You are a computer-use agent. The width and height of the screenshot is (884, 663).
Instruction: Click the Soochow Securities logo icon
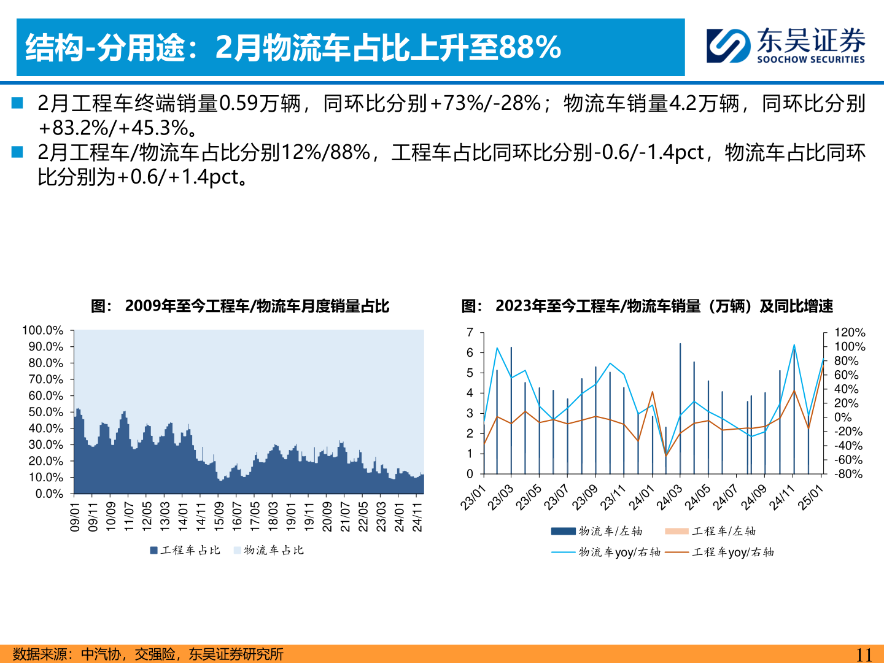pyautogui.click(x=728, y=45)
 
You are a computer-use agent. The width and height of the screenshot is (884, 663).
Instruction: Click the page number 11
pyautogui.click(x=863, y=654)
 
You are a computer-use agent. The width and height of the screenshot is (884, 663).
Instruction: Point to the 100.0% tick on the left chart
pyautogui.click(x=42, y=331)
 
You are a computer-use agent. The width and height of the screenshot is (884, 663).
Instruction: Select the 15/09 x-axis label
pyautogui.click(x=219, y=517)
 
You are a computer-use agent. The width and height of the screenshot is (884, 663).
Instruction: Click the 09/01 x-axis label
pyautogui.click(x=75, y=517)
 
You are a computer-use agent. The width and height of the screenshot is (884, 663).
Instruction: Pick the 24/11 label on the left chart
pyautogui.click(x=417, y=517)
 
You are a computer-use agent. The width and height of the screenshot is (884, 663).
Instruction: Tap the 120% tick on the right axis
pyautogui.click(x=850, y=332)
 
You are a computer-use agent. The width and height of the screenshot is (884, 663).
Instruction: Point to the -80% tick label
pyautogui.click(x=848, y=474)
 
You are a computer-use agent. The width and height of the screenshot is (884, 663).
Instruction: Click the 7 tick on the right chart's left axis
pyautogui.click(x=470, y=333)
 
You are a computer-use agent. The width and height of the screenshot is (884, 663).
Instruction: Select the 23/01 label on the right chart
pyautogui.click(x=473, y=498)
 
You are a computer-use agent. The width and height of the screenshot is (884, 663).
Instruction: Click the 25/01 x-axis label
pyautogui.click(x=810, y=498)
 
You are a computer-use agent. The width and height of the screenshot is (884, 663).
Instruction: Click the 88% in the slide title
pyautogui.click(x=530, y=47)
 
